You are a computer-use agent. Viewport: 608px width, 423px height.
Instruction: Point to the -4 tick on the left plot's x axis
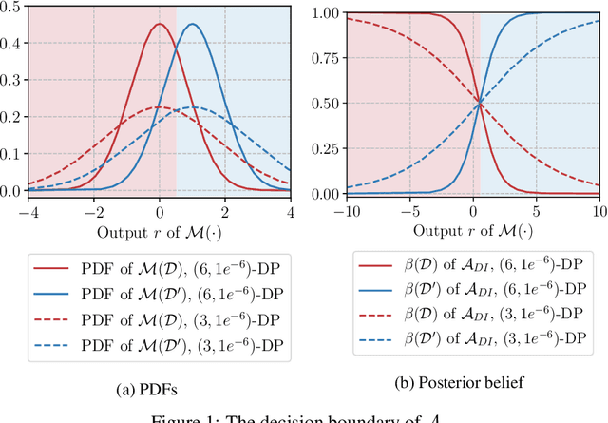pyautogui.click(x=31, y=211)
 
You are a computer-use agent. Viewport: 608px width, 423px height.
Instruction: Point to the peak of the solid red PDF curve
pyautogui.click(x=159, y=25)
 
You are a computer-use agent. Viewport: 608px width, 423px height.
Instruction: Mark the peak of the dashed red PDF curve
pyautogui.click(x=159, y=107)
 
